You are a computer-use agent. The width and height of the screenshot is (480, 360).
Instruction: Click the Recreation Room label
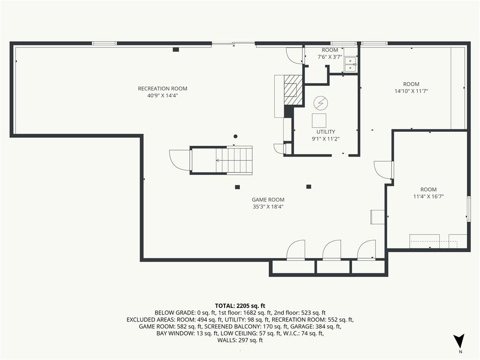[163, 89]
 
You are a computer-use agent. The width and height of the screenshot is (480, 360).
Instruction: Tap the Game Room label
[268, 200]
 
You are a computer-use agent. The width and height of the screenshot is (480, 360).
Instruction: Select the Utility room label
[325, 132]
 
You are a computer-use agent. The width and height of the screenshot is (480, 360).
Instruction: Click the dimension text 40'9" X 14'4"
[163, 96]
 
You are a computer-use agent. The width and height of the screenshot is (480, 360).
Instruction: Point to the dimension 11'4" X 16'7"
[428, 196]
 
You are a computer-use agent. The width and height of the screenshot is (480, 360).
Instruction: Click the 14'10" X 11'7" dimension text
[411, 91]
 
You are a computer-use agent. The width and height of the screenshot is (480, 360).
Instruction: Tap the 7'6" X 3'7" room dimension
[330, 57]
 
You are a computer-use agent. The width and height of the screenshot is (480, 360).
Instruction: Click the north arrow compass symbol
[458, 341]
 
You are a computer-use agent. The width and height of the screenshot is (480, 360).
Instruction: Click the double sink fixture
[350, 64]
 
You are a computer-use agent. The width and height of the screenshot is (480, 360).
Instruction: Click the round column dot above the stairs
[235, 136]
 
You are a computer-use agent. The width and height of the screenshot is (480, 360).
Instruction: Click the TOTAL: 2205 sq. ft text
[240, 306]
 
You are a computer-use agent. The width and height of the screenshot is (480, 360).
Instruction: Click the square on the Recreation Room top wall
[176, 49]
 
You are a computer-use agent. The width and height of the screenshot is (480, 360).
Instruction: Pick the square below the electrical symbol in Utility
[319, 120]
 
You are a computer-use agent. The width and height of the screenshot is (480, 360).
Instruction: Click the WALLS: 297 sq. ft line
[240, 340]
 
